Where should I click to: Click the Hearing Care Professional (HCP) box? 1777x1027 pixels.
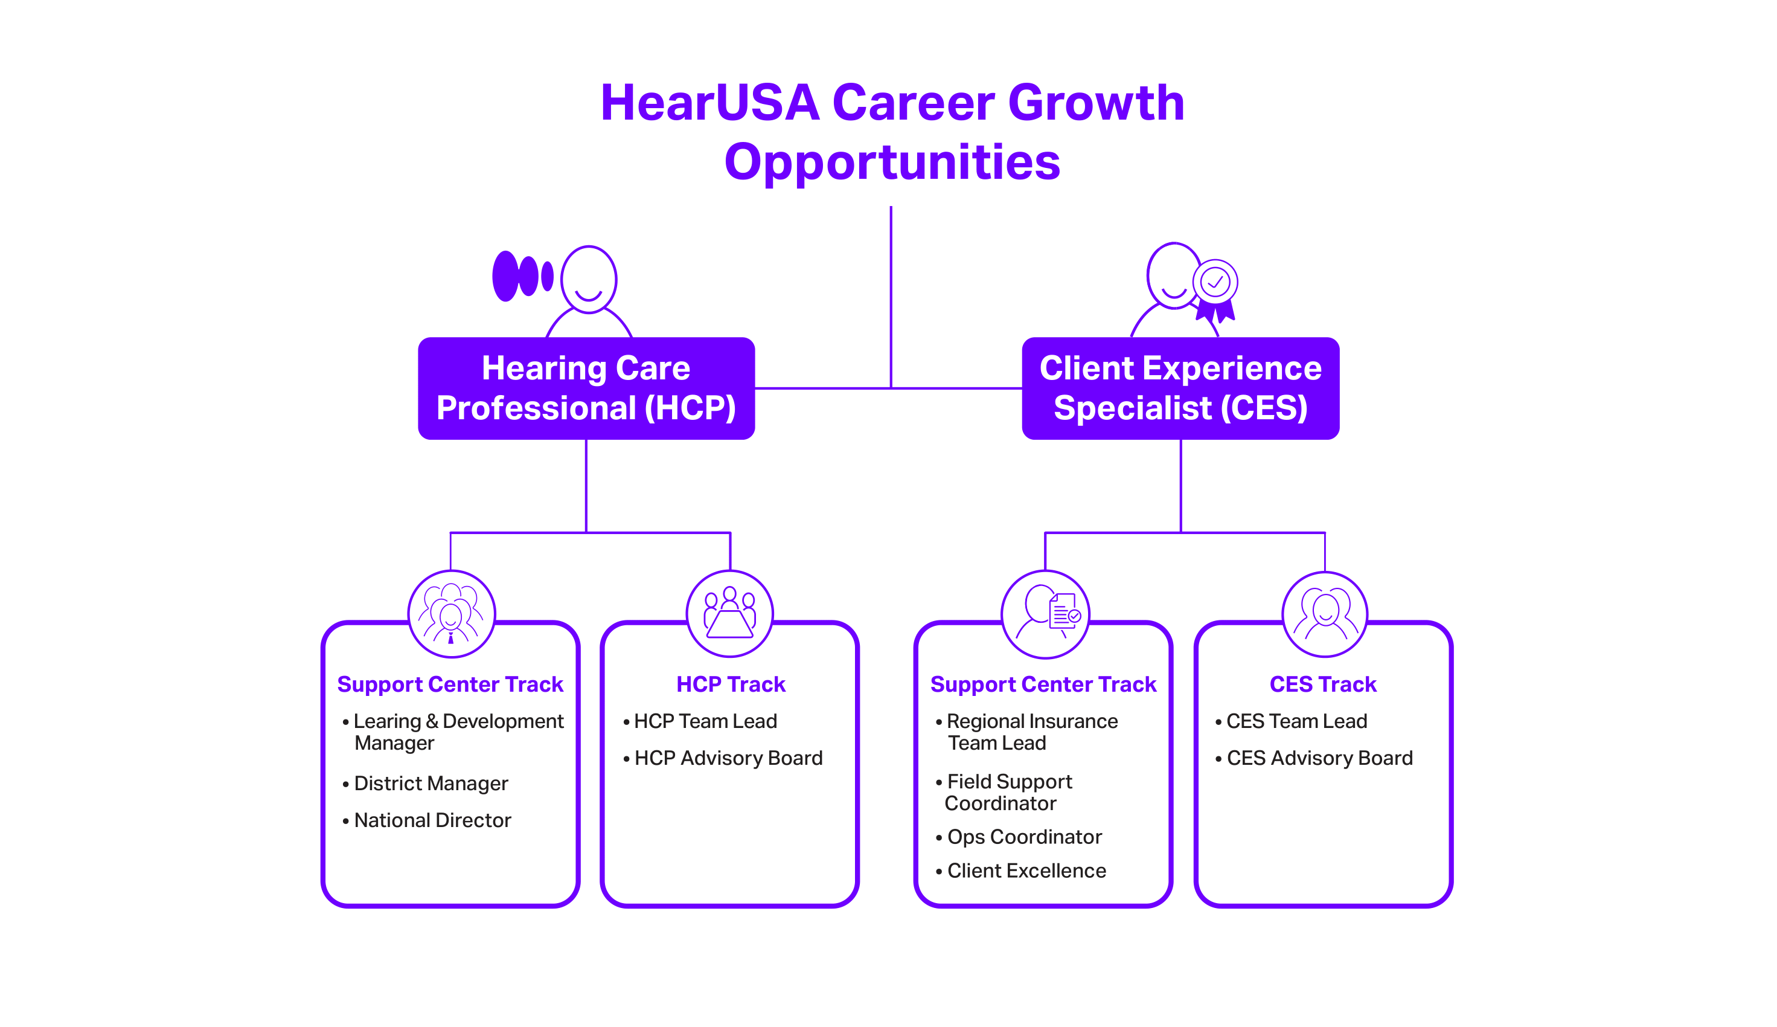[x=586, y=388]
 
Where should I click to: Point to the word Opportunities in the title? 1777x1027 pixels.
[x=892, y=163]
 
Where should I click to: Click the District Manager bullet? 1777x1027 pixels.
[x=430, y=783]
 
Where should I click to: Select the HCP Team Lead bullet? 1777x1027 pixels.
[x=705, y=721]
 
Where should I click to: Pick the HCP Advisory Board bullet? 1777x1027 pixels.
[x=728, y=758]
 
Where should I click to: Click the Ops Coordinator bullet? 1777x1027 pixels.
[x=1023, y=837]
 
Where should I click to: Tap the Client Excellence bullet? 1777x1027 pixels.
[x=1026, y=871]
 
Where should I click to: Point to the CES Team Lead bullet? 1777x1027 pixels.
[x=1296, y=721]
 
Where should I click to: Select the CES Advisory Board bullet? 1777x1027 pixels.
[x=1319, y=758]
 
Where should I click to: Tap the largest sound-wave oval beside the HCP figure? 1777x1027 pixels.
[x=505, y=276]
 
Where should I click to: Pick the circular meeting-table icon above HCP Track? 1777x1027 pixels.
[x=729, y=613]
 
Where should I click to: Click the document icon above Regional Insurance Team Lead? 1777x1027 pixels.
[x=1063, y=610]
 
